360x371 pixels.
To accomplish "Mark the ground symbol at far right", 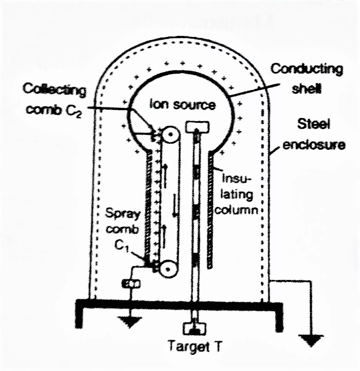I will click(x=314, y=339).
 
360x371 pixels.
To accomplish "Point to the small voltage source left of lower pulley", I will click(x=130, y=284).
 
